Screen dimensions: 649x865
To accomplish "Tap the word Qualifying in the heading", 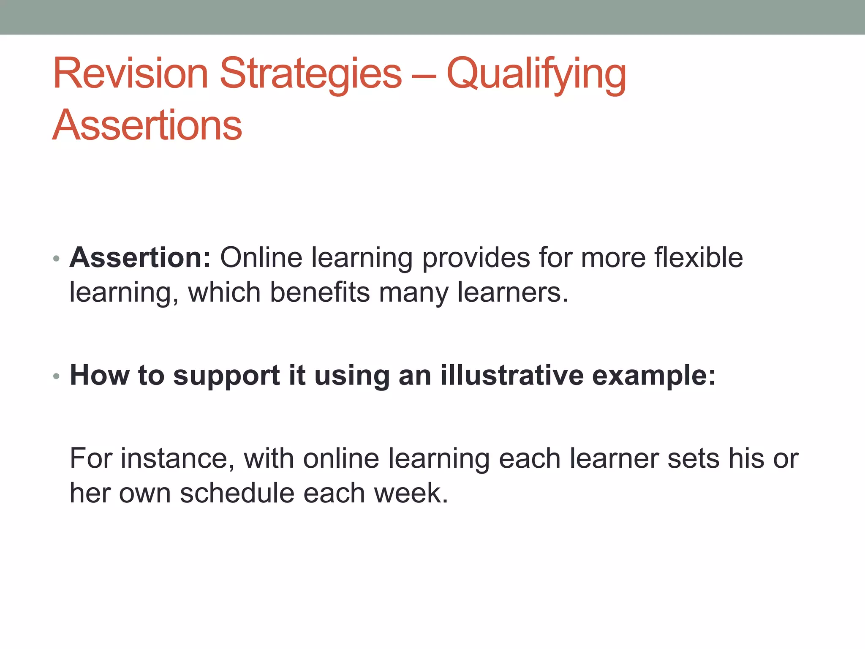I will (536, 74).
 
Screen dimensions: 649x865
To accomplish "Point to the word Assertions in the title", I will (147, 125).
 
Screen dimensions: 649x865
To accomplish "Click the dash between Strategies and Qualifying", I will (424, 76).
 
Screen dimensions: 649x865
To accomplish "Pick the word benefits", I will (320, 292).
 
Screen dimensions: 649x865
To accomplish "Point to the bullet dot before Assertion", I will (56, 259).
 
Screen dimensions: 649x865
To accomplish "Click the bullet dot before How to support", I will (56, 376).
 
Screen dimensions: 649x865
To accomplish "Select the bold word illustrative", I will (511, 375).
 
